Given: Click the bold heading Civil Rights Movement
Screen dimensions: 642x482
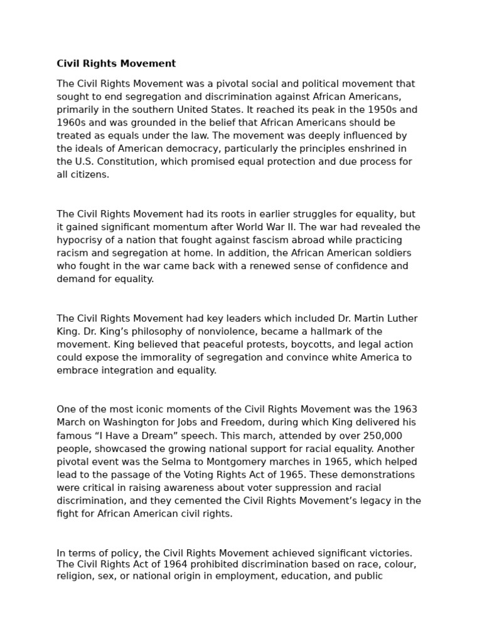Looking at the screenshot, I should click(116, 63).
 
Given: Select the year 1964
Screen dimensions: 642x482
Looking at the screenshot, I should click(158, 564).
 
